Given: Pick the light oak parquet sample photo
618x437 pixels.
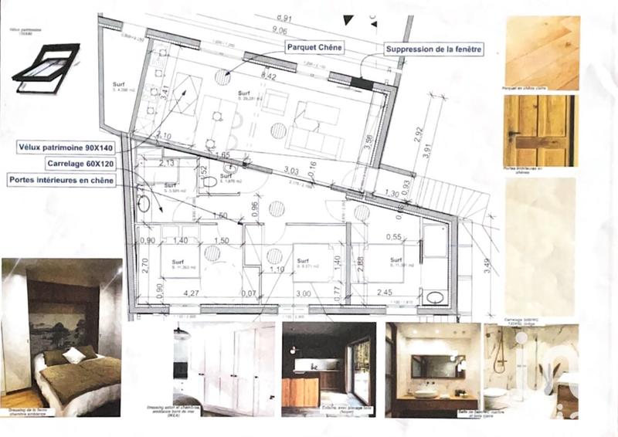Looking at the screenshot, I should [540, 53].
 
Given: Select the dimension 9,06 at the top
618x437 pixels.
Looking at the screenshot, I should [280, 31].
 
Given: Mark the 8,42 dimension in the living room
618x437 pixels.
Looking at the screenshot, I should [270, 76].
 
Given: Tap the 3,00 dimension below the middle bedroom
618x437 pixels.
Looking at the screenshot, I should [303, 293].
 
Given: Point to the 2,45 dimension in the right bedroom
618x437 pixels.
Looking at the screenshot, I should [385, 293].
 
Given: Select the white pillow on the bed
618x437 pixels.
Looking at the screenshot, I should [74, 354].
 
